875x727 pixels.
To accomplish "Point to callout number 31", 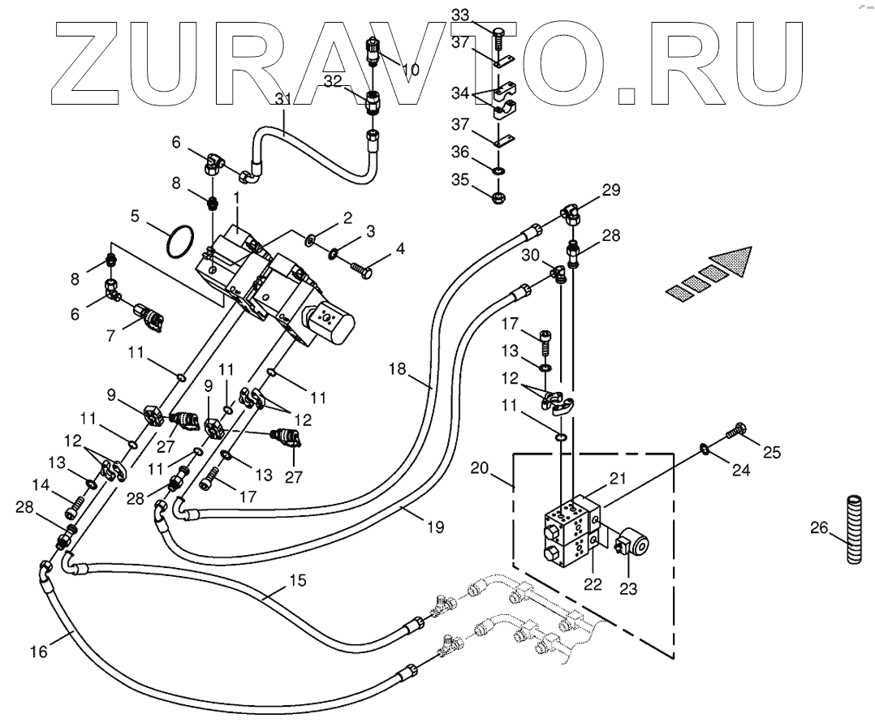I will click(x=282, y=99).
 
